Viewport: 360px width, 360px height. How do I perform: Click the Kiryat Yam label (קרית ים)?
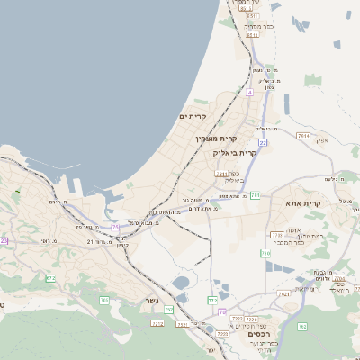pyautogui.click(x=193, y=117)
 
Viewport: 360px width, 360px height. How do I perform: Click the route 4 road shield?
pyautogui.click(x=249, y=92)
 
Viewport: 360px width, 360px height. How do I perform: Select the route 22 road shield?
pyautogui.click(x=263, y=142)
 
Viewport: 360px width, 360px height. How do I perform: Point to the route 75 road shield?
pyautogui.click(x=114, y=227)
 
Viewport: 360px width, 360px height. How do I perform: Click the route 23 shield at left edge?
pyautogui.click(x=4, y=240)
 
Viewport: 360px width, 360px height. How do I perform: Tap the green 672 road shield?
pyautogui.click(x=50, y=279)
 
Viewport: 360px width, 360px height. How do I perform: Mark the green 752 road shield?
pyautogui.click(x=168, y=309)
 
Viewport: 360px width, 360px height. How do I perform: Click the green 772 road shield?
pyautogui.click(x=212, y=300)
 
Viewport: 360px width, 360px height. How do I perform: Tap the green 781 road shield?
pyautogui.click(x=256, y=194)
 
